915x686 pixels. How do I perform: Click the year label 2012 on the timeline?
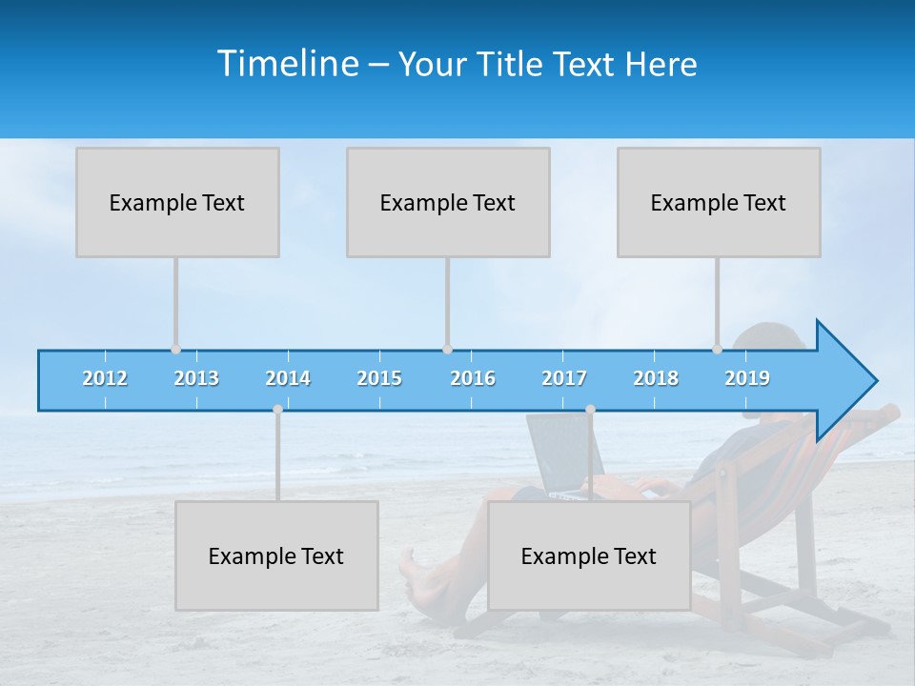tap(105, 378)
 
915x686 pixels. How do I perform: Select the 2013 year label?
tap(196, 378)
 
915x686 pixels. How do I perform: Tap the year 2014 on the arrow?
tap(288, 378)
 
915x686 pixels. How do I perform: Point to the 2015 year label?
tap(379, 378)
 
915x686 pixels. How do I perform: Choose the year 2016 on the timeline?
tap(473, 378)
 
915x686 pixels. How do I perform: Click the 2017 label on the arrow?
tap(564, 378)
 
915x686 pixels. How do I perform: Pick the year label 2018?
tap(656, 378)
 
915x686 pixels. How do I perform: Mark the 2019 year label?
tap(747, 378)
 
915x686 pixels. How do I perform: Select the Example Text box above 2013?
tap(177, 202)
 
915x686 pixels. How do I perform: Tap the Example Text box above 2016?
tap(448, 202)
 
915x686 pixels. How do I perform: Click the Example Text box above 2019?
tap(719, 202)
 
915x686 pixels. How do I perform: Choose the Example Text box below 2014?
tap(276, 555)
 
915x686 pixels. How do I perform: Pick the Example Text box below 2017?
tap(589, 555)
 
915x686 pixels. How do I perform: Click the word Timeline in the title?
tap(288, 64)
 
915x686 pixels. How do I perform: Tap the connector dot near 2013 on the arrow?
tap(175, 349)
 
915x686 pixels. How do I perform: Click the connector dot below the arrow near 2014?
tap(277, 409)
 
